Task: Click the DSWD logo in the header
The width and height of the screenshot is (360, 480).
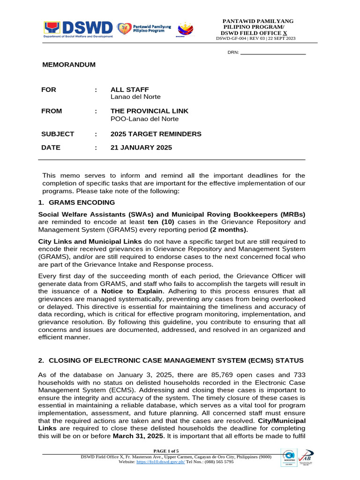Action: tap(78, 29)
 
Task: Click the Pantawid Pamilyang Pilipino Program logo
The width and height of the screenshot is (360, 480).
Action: tap(143, 29)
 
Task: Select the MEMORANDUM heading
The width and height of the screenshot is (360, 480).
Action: tap(69, 65)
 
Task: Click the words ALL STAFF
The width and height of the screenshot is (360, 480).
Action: tap(129, 90)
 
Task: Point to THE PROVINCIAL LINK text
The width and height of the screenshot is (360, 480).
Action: tap(149, 111)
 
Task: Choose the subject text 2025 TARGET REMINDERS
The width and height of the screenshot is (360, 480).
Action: tap(156, 134)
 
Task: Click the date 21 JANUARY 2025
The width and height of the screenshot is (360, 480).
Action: tap(141, 148)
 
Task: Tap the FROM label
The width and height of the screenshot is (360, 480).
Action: tap(52, 111)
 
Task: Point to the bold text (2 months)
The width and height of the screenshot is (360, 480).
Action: tap(228, 230)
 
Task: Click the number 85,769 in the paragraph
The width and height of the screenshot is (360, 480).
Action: tap(198, 375)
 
